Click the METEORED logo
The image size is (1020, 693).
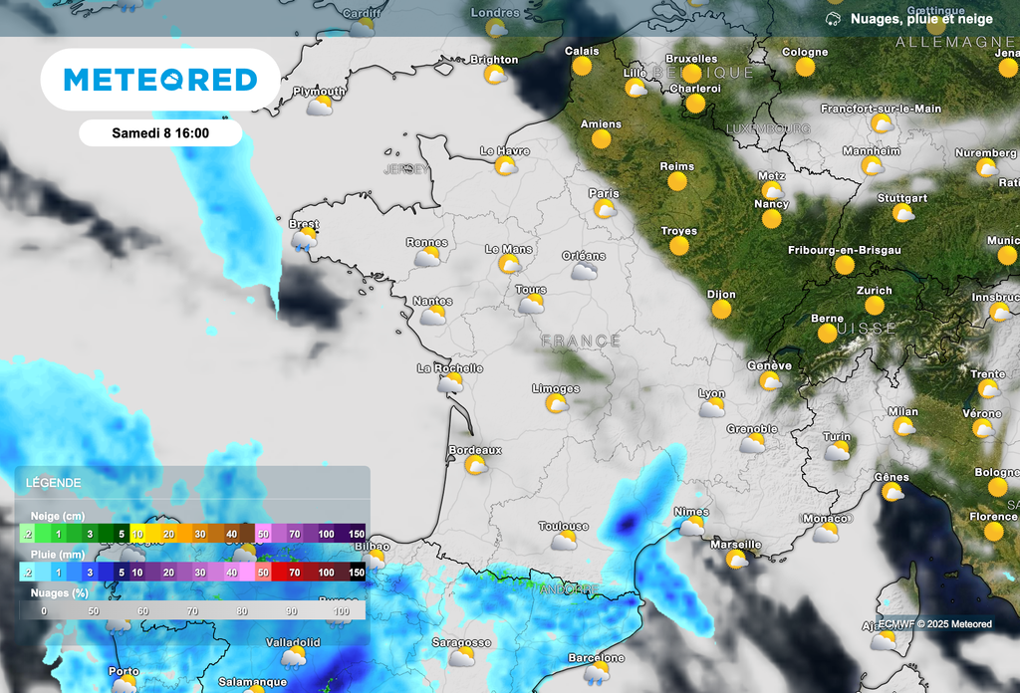tap(159, 80)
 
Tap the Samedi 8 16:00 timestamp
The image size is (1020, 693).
tap(160, 133)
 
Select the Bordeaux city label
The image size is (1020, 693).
tap(475, 450)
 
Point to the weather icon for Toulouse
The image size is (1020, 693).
tap(565, 541)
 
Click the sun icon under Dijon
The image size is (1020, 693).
tap(721, 311)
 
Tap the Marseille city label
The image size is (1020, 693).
tap(735, 545)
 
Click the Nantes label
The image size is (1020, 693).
tap(432, 301)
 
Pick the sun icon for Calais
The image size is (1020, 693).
tap(582, 67)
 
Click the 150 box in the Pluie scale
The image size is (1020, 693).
tap(356, 573)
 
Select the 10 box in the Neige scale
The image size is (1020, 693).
tap(137, 535)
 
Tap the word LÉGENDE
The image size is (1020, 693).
tap(54, 483)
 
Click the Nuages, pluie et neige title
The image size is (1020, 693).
tap(920, 19)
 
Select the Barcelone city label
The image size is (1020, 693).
tap(596, 658)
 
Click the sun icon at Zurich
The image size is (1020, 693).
tap(874, 306)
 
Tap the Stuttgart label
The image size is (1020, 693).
tap(901, 198)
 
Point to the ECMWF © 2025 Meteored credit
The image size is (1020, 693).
tap(934, 624)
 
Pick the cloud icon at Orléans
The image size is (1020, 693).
tap(584, 271)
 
